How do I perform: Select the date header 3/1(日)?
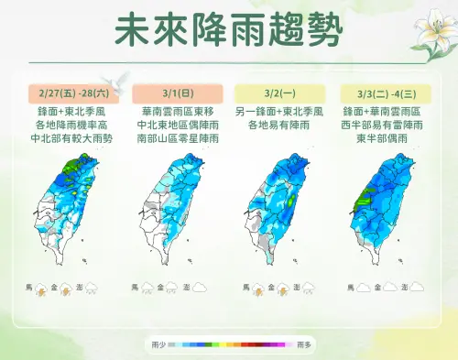177,93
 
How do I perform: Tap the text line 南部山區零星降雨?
177,137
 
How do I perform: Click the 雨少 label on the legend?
156,344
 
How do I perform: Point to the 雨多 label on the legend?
305,344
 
